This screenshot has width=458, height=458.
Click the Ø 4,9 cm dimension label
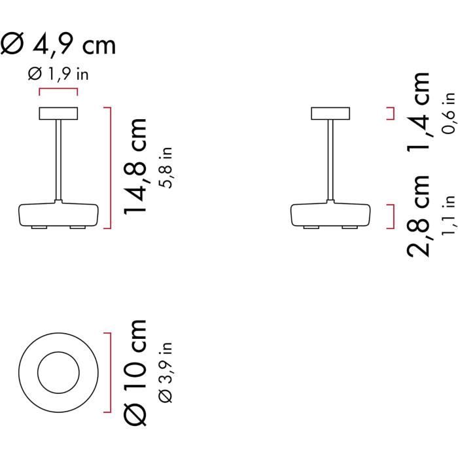pos(58,44)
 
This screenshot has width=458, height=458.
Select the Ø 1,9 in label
pos(58,75)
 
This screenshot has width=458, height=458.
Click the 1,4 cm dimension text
pos(419,112)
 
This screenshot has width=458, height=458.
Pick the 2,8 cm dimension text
pos(419,216)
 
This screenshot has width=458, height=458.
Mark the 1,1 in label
pos(448,216)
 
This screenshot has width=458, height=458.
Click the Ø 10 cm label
pos(137,373)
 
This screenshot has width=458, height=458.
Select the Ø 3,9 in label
pos(166,373)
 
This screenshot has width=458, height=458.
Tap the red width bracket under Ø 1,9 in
pos(58,91)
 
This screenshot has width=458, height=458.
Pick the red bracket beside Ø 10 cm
pos(110,373)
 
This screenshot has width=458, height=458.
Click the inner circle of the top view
pos(58,373)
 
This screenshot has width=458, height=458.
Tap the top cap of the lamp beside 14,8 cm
pos(58,113)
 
